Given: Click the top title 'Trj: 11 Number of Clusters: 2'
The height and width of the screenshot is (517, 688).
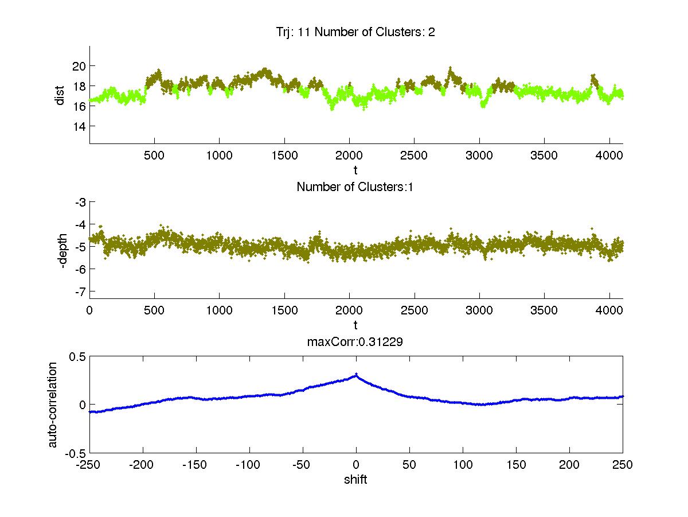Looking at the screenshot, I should pyautogui.click(x=355, y=32).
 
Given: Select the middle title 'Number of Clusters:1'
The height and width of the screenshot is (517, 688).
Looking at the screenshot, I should pyautogui.click(x=355, y=186).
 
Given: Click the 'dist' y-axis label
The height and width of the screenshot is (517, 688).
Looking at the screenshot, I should pyautogui.click(x=60, y=95).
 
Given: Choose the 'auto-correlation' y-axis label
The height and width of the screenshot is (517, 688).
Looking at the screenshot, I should pyautogui.click(x=53, y=405).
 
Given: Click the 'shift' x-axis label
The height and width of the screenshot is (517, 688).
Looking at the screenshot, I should pyautogui.click(x=355, y=480).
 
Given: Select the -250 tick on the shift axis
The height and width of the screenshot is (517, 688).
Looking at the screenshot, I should pyautogui.click(x=89, y=465).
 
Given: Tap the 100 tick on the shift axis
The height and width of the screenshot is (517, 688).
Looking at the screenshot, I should pyautogui.click(x=463, y=465).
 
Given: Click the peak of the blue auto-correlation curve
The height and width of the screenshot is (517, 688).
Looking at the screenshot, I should pyautogui.click(x=356, y=375).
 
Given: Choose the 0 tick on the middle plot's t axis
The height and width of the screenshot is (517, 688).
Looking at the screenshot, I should pyautogui.click(x=89, y=310).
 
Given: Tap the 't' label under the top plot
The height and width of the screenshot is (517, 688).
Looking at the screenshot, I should pyautogui.click(x=355, y=170).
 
